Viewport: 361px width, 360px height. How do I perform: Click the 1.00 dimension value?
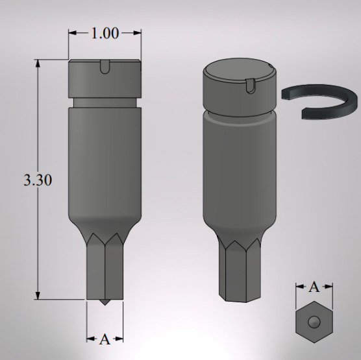coord(105,34)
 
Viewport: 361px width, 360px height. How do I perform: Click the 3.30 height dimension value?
coord(35,180)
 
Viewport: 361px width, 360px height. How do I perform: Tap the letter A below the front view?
coord(105,339)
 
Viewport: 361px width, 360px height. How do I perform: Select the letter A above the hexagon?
coord(314,287)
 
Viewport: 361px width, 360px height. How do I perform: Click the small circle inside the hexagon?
coord(314,321)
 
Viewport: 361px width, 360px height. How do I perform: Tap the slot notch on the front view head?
coord(105,65)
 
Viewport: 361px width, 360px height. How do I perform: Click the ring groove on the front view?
coord(105,102)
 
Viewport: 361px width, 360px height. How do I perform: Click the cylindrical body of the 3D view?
coord(238,169)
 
